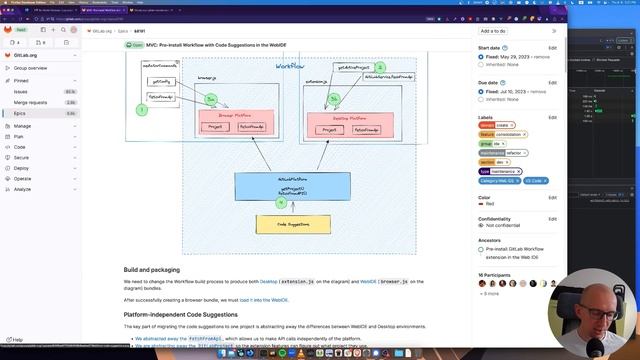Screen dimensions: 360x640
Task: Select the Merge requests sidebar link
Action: (x=31, y=102)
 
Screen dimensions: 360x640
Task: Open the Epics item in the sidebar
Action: (x=21, y=113)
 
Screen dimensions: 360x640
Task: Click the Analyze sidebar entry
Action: (x=22, y=189)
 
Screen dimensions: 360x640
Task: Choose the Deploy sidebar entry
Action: (x=22, y=168)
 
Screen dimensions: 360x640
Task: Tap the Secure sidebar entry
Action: (x=22, y=158)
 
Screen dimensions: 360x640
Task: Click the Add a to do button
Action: (x=493, y=31)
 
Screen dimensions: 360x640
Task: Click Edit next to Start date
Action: (x=552, y=48)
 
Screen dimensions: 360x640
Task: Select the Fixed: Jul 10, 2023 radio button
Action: (x=481, y=91)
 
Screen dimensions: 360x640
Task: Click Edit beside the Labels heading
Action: (x=552, y=117)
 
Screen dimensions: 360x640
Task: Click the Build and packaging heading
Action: (x=152, y=270)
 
